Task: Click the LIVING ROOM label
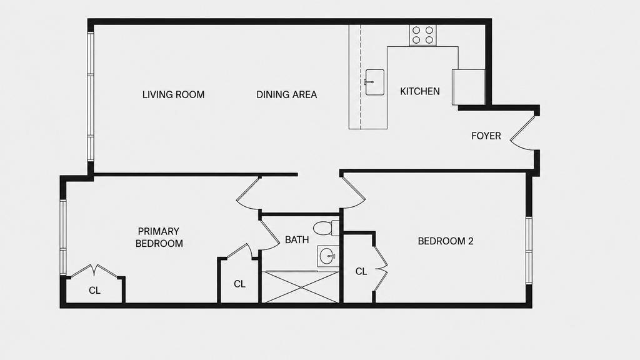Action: [174, 95]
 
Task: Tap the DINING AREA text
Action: [286, 95]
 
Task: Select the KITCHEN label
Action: [420, 91]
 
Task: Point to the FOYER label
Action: [486, 136]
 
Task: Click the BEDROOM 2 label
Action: [446, 241]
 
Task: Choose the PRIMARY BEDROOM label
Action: [159, 237]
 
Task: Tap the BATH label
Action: [297, 240]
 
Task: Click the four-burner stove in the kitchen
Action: [423, 35]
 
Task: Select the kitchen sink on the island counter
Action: [375, 82]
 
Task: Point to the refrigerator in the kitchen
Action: [469, 87]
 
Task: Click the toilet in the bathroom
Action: [326, 227]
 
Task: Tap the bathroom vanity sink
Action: [328, 256]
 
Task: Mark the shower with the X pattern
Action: [301, 287]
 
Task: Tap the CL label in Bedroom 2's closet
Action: [361, 271]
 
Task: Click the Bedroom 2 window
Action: [529, 251]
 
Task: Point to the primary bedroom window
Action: [63, 237]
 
